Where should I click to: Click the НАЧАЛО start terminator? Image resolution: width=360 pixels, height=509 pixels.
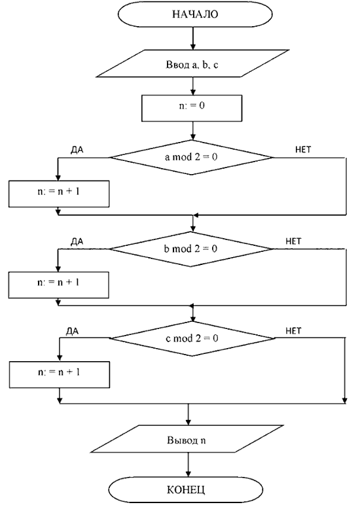195,14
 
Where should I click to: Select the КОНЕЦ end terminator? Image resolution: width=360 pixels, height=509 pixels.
186,490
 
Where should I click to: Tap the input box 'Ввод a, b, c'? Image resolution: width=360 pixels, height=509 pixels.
192,63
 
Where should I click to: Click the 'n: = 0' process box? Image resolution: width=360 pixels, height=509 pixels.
192,108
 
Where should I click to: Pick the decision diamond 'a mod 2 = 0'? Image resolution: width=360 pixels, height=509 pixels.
191,158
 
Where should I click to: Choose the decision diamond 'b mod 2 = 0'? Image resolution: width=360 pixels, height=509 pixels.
191,249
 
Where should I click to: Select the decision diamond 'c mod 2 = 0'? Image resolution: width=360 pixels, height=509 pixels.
192,339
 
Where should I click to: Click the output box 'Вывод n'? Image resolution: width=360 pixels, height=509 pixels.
187,439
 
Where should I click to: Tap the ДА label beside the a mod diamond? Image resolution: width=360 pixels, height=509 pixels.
77,150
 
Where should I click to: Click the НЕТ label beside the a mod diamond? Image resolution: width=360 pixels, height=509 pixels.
303,149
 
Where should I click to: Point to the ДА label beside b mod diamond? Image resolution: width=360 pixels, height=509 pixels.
77,241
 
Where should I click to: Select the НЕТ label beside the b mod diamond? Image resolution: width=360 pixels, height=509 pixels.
293,241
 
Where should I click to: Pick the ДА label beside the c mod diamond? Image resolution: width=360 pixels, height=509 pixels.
72,332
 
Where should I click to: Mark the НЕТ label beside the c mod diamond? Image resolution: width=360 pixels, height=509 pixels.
293,331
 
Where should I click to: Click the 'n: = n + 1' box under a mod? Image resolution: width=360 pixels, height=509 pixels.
59,194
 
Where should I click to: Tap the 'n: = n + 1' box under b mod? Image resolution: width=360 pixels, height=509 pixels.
58,285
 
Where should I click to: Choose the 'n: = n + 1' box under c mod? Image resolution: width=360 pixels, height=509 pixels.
60,375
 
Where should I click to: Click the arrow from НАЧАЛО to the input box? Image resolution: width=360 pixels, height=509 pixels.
192,39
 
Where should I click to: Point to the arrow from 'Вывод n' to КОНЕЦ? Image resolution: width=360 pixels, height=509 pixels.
188,465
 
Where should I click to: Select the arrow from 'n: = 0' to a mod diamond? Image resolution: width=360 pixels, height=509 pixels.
192,131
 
